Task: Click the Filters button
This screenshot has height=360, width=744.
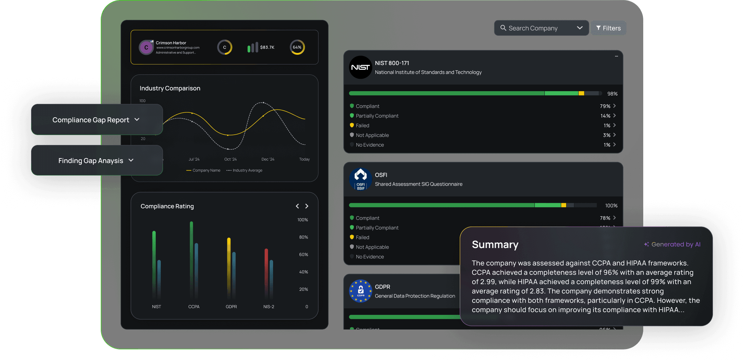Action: click(608, 28)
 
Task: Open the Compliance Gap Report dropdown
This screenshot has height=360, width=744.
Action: click(96, 120)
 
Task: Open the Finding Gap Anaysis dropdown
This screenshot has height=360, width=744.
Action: click(96, 161)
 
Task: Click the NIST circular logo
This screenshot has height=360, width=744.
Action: click(360, 67)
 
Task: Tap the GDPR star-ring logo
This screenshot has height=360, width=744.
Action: click(360, 291)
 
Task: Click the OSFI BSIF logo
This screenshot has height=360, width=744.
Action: click(360, 179)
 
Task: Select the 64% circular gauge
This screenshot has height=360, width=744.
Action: click(297, 47)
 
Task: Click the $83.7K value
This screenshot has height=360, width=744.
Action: click(267, 47)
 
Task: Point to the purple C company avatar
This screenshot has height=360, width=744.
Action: click(146, 48)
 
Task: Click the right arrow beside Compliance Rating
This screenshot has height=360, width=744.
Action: click(307, 206)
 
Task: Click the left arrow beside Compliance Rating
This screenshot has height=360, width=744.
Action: click(297, 206)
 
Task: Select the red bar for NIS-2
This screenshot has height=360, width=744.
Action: click(266, 271)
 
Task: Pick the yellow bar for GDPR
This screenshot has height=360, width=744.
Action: click(229, 264)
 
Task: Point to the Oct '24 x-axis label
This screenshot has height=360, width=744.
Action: click(230, 159)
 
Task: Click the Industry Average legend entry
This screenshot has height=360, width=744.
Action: click(244, 171)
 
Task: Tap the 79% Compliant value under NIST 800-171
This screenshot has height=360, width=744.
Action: click(605, 106)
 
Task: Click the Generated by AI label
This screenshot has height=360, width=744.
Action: click(676, 244)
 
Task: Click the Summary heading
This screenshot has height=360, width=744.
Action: click(495, 245)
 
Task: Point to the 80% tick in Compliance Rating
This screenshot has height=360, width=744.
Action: click(304, 237)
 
